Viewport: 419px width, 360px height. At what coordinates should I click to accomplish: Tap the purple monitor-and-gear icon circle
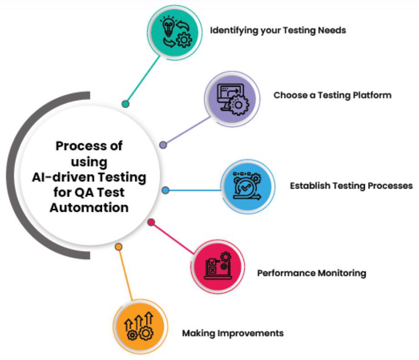click(x=232, y=99)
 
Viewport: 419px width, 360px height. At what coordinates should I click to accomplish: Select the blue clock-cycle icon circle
click(x=248, y=186)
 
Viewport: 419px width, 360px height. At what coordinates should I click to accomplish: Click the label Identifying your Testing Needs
click(x=278, y=30)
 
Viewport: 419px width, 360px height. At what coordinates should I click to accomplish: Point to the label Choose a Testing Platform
click(x=333, y=95)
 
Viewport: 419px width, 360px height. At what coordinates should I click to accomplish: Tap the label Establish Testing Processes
click(x=351, y=185)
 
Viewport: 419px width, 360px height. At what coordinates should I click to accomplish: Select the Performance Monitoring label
click(x=312, y=273)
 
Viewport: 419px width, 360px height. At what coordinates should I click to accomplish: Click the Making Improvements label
click(x=233, y=333)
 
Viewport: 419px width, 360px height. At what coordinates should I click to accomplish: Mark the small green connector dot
click(x=126, y=104)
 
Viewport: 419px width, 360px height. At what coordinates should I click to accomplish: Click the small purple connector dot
click(x=163, y=145)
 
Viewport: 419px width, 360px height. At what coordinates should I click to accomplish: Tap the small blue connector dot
click(x=166, y=190)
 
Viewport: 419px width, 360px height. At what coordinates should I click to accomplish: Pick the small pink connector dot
click(x=151, y=222)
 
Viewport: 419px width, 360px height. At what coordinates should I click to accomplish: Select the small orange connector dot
click(x=119, y=247)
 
